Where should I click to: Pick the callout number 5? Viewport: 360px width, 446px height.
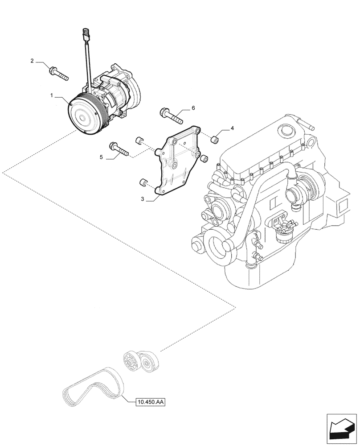101,157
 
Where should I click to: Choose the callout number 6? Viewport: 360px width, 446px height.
193,108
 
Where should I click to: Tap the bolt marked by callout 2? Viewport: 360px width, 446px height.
58,73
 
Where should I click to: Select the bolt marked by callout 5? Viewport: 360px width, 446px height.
118,149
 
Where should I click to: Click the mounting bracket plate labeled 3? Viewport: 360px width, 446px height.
176,165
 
